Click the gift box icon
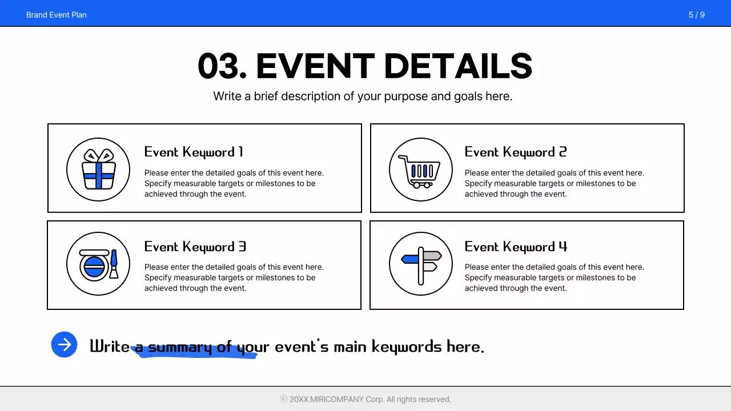(x=99, y=170)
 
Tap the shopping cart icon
(x=420, y=170)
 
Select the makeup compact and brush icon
(x=99, y=264)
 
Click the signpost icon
(x=421, y=264)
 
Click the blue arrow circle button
(x=64, y=345)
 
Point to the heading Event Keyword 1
(x=194, y=152)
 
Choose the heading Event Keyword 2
(x=515, y=152)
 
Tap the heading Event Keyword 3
(x=195, y=247)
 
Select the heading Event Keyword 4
(x=516, y=247)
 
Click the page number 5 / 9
(x=696, y=15)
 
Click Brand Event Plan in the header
(x=57, y=15)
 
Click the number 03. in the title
(x=222, y=66)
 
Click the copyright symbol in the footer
(x=283, y=400)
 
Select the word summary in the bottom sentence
(x=180, y=346)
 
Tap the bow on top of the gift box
(x=99, y=155)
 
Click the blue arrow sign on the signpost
(x=410, y=259)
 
